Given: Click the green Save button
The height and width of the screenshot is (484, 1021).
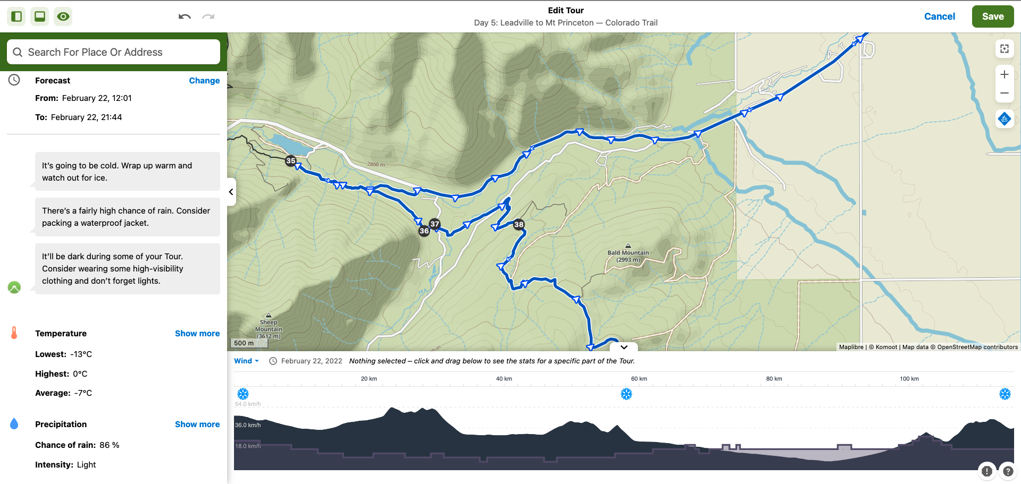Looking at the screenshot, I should coord(992,16).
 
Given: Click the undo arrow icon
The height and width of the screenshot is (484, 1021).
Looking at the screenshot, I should coord(185,16).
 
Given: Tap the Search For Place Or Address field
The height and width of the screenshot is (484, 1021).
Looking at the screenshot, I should coord(113,52).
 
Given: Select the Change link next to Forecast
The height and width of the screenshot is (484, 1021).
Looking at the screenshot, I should coord(204,81).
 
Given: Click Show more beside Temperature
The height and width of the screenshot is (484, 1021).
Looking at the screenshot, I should coord(197,334).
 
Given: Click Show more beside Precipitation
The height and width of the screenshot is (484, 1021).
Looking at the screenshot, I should coord(197,424).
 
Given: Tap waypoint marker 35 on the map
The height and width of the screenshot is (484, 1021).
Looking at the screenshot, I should coord(291,160).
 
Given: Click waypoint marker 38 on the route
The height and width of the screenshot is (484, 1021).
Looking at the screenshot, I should coord(519,224).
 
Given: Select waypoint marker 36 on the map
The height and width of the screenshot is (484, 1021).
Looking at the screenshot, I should coord(424,231).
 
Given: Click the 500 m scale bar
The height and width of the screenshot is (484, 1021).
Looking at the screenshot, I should coord(244,343).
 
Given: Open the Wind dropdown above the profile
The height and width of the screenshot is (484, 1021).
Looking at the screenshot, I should coord(246,361).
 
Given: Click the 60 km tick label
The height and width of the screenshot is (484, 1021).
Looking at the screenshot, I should coord(639,379).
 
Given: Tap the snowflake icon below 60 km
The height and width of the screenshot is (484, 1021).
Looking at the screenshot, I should coord(626,394).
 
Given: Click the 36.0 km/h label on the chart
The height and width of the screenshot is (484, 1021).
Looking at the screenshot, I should coord(248,425).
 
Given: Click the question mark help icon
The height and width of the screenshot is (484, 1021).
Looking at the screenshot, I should coord(1007,471).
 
